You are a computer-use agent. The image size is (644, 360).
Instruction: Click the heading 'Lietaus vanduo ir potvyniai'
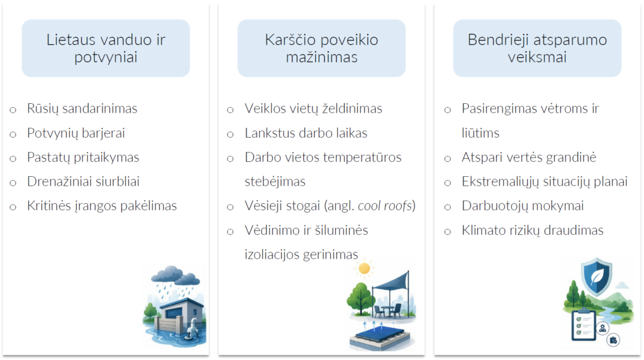pyautogui.click(x=106, y=48)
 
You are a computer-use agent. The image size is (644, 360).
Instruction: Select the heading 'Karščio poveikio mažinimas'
pyautogui.click(x=321, y=48)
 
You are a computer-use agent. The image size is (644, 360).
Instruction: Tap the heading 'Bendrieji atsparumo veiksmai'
pyautogui.click(x=537, y=48)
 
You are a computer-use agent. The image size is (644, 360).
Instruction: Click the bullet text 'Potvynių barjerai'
pyautogui.click(x=76, y=133)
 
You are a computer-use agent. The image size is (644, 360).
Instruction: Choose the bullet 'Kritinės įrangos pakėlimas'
pyautogui.click(x=102, y=205)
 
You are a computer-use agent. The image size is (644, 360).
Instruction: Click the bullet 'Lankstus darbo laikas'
pyautogui.click(x=306, y=133)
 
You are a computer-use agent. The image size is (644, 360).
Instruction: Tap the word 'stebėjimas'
pyautogui.click(x=275, y=182)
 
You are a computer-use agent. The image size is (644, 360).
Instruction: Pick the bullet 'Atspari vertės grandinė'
pyautogui.click(x=529, y=157)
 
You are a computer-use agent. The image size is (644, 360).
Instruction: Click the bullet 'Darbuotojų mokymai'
pyautogui.click(x=523, y=205)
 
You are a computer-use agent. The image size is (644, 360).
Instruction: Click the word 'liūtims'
pyautogui.click(x=480, y=133)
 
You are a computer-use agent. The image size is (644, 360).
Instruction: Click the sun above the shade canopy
pyautogui.click(x=364, y=269)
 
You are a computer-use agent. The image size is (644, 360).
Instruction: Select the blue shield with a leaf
pyautogui.click(x=596, y=277)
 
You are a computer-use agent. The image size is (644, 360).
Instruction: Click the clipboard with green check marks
pyautogui.click(x=584, y=325)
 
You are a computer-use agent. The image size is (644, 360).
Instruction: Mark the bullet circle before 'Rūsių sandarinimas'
pyautogui.click(x=13, y=110)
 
